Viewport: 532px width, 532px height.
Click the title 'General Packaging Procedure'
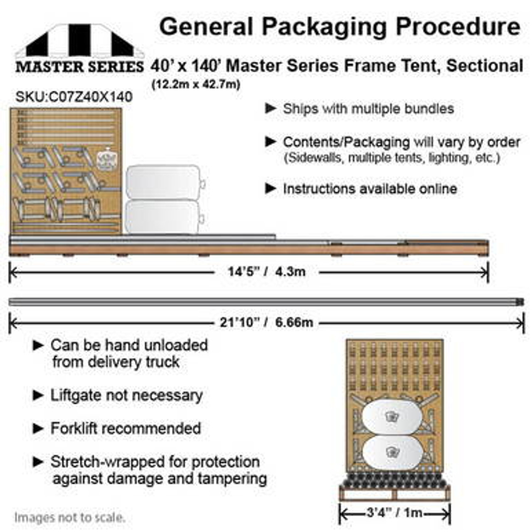pyautogui.click(x=340, y=27)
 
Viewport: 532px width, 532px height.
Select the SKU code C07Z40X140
pyautogui.click(x=74, y=97)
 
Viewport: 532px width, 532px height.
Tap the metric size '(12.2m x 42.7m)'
pyautogui.click(x=196, y=84)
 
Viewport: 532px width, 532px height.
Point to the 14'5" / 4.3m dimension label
pyautogui.click(x=266, y=272)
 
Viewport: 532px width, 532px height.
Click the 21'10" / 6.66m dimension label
pyautogui.click(x=266, y=323)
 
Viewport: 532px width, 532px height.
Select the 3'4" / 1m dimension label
pyautogui.click(x=394, y=513)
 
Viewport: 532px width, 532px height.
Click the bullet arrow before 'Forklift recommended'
pyautogui.click(x=38, y=429)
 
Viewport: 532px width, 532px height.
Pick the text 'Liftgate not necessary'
pyautogui.click(x=126, y=395)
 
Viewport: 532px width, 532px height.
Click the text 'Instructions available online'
pyautogui.click(x=370, y=189)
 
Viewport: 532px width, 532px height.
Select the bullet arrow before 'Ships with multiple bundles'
pyautogui.click(x=271, y=109)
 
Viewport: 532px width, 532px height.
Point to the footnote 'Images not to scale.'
pyautogui.click(x=69, y=517)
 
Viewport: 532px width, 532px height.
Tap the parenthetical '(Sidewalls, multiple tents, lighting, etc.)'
pyautogui.click(x=392, y=158)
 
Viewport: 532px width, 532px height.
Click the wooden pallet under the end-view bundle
pyautogui.click(x=394, y=493)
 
